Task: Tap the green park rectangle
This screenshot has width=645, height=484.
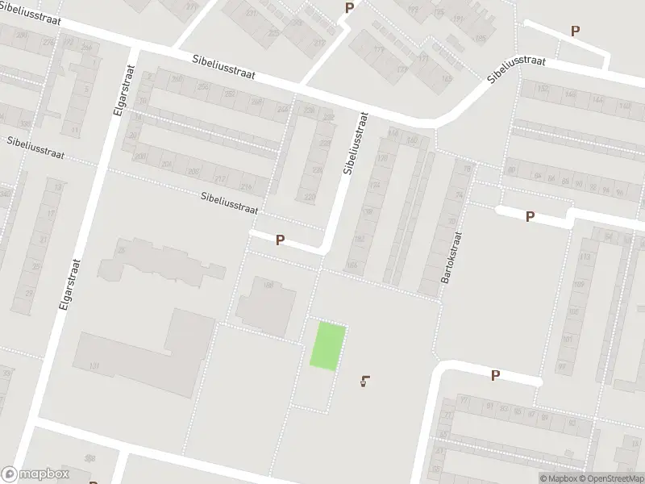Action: (329, 346)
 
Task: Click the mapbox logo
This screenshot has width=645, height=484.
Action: (35, 474)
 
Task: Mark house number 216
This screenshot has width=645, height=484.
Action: (246, 187)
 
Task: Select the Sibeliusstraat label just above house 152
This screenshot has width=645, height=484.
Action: (517, 69)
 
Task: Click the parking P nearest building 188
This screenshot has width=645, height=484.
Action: (280, 240)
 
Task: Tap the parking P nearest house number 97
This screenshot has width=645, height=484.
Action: (495, 374)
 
